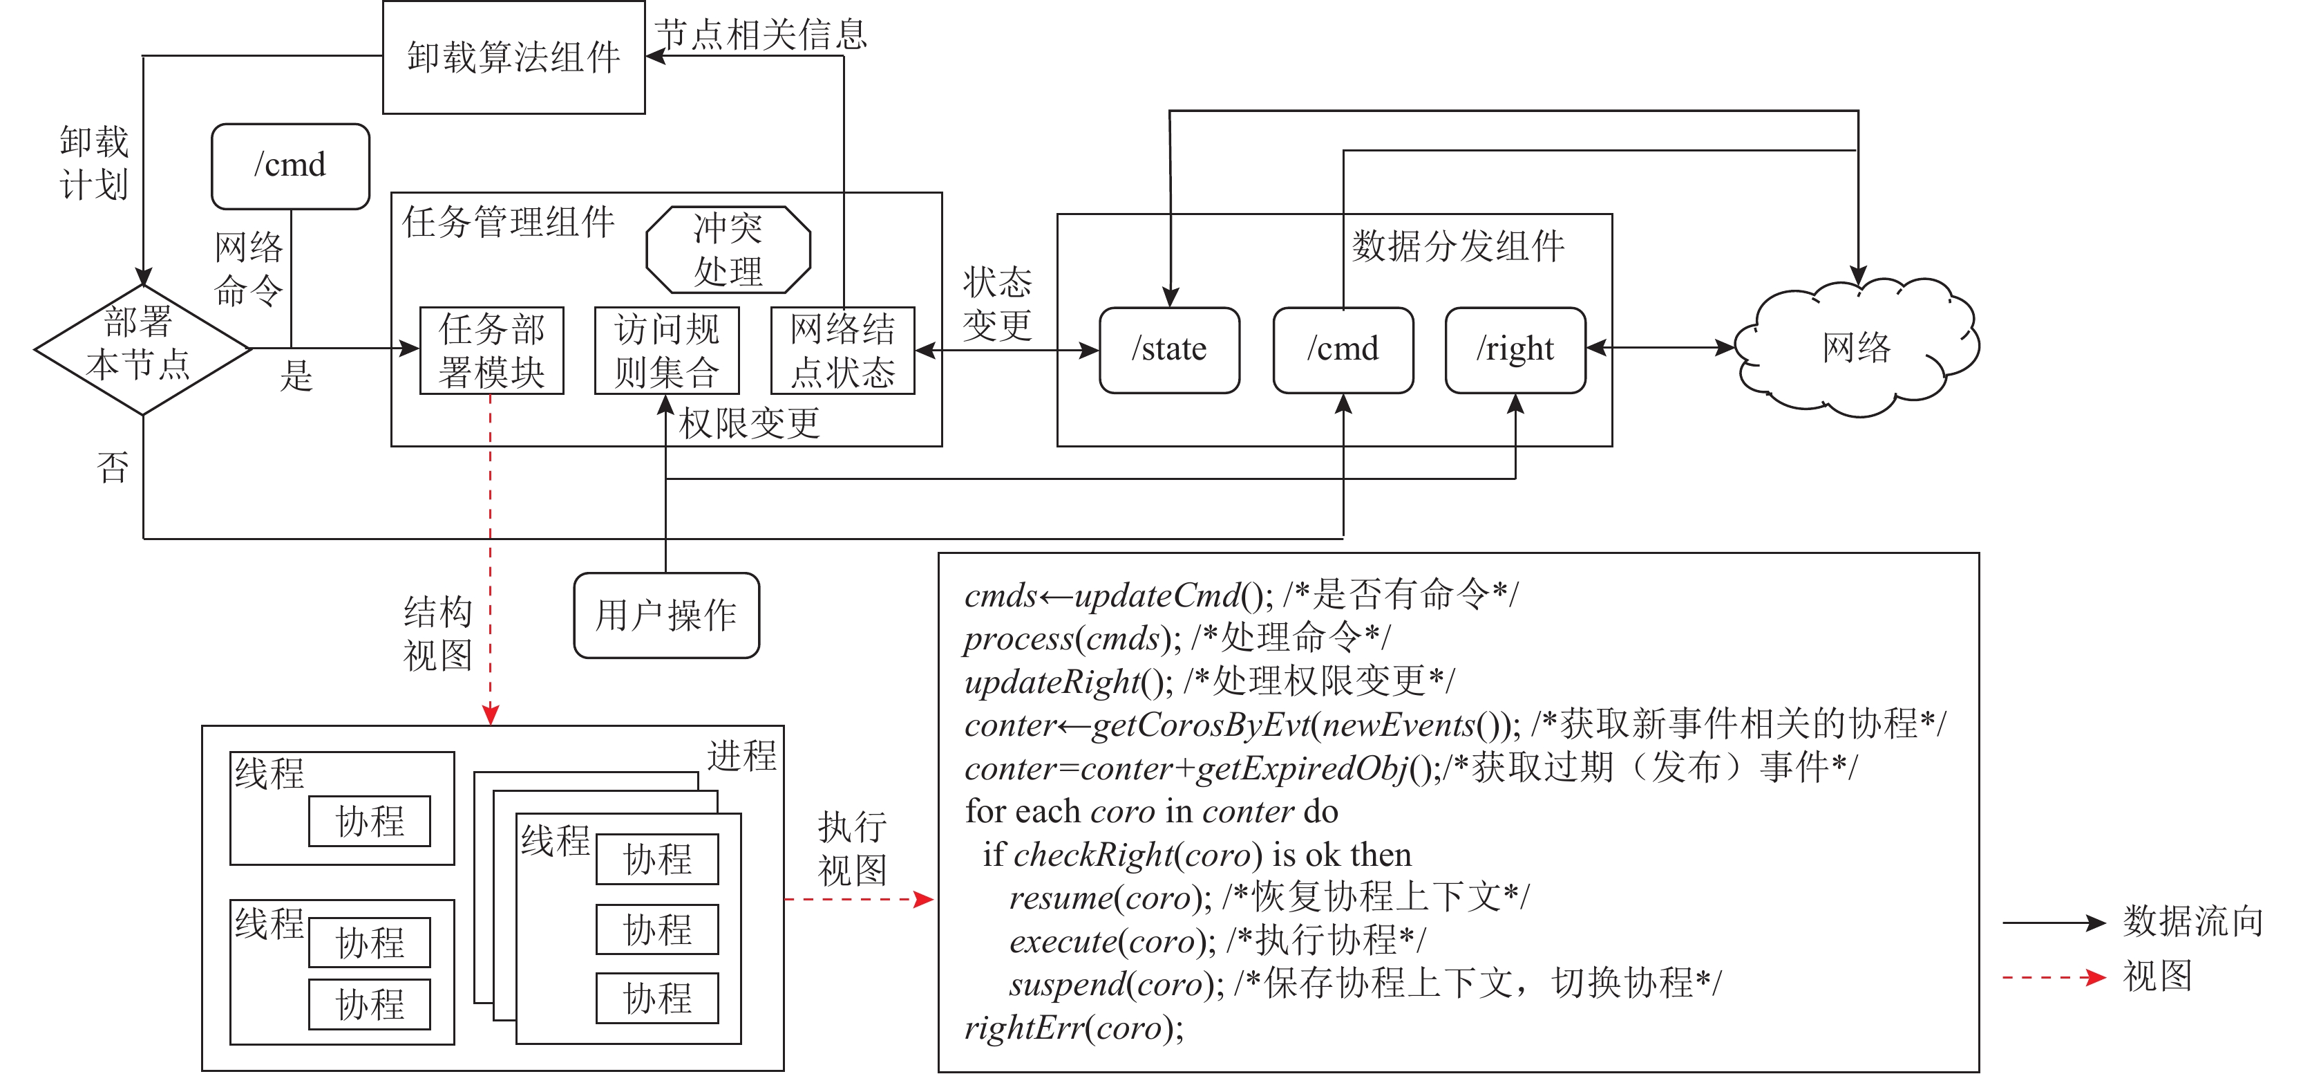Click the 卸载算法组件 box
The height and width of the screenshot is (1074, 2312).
(x=513, y=57)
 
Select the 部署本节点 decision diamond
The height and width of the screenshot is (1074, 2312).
(x=142, y=349)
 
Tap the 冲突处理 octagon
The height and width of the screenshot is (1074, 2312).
(x=728, y=250)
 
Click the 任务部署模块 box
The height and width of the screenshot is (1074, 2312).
(x=492, y=350)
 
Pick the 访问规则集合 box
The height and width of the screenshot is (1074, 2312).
(x=667, y=350)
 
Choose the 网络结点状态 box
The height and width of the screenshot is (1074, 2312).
(x=843, y=350)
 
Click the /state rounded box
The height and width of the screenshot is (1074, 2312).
(x=1168, y=349)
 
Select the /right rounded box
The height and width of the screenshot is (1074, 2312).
(x=1515, y=349)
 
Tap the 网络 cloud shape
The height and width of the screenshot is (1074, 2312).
(x=1856, y=349)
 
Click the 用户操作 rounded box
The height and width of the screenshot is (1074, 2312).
(x=666, y=615)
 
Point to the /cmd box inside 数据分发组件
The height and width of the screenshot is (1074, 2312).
(x=1343, y=349)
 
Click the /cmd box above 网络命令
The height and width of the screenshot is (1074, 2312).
(x=290, y=166)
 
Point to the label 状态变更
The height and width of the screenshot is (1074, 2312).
(x=997, y=304)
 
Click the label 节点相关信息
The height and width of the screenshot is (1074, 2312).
(x=761, y=34)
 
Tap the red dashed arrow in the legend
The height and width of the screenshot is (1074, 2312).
(x=2054, y=978)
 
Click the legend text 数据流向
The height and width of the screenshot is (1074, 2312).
(x=2192, y=921)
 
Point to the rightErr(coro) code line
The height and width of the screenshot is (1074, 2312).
(x=1074, y=1027)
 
